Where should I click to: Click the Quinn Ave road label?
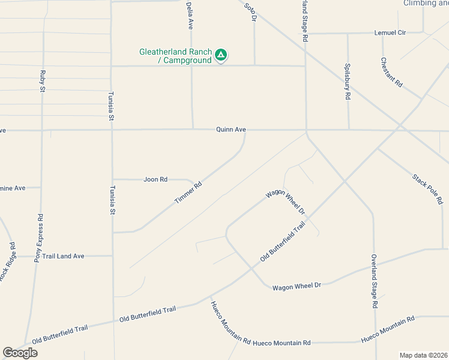point(232,130)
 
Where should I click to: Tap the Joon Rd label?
point(155,179)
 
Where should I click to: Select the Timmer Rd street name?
point(188,191)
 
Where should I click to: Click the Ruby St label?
point(43,81)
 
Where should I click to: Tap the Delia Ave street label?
point(190,16)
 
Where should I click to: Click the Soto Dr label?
point(250,12)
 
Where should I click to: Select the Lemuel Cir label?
point(390,32)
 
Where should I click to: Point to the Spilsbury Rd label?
point(347,82)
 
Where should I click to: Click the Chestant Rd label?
point(391,72)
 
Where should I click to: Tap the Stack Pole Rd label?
point(427,189)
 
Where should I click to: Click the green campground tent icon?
point(221,55)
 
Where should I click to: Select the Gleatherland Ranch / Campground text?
point(175,56)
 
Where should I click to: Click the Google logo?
point(20,353)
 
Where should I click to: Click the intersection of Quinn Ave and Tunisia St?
point(112,130)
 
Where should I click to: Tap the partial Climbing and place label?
point(426,3)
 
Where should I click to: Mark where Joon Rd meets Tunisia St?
point(112,179)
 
